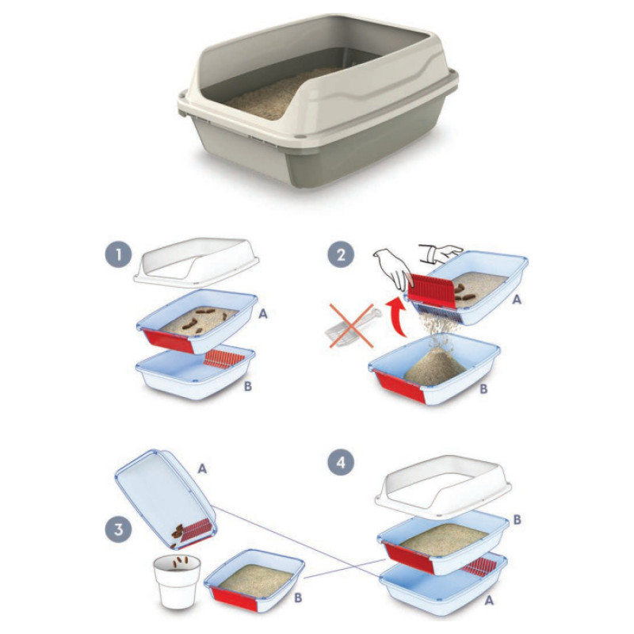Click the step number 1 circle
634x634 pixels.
tap(118, 255)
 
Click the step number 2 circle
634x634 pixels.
tap(341, 255)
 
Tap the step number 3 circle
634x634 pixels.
tap(118, 529)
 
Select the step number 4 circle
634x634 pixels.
tap(341, 462)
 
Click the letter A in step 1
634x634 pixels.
tap(263, 313)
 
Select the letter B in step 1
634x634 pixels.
tap(248, 386)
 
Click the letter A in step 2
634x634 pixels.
tap(517, 300)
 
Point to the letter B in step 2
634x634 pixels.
tap(483, 388)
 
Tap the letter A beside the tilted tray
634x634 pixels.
tap(202, 468)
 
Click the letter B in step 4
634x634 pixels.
tap(517, 520)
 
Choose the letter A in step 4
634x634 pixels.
tap(489, 601)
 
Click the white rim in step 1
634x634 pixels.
tap(197, 260)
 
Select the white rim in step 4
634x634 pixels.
tap(443, 487)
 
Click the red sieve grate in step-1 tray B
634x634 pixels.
tap(223, 359)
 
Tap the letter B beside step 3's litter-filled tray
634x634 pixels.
tap(298, 598)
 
